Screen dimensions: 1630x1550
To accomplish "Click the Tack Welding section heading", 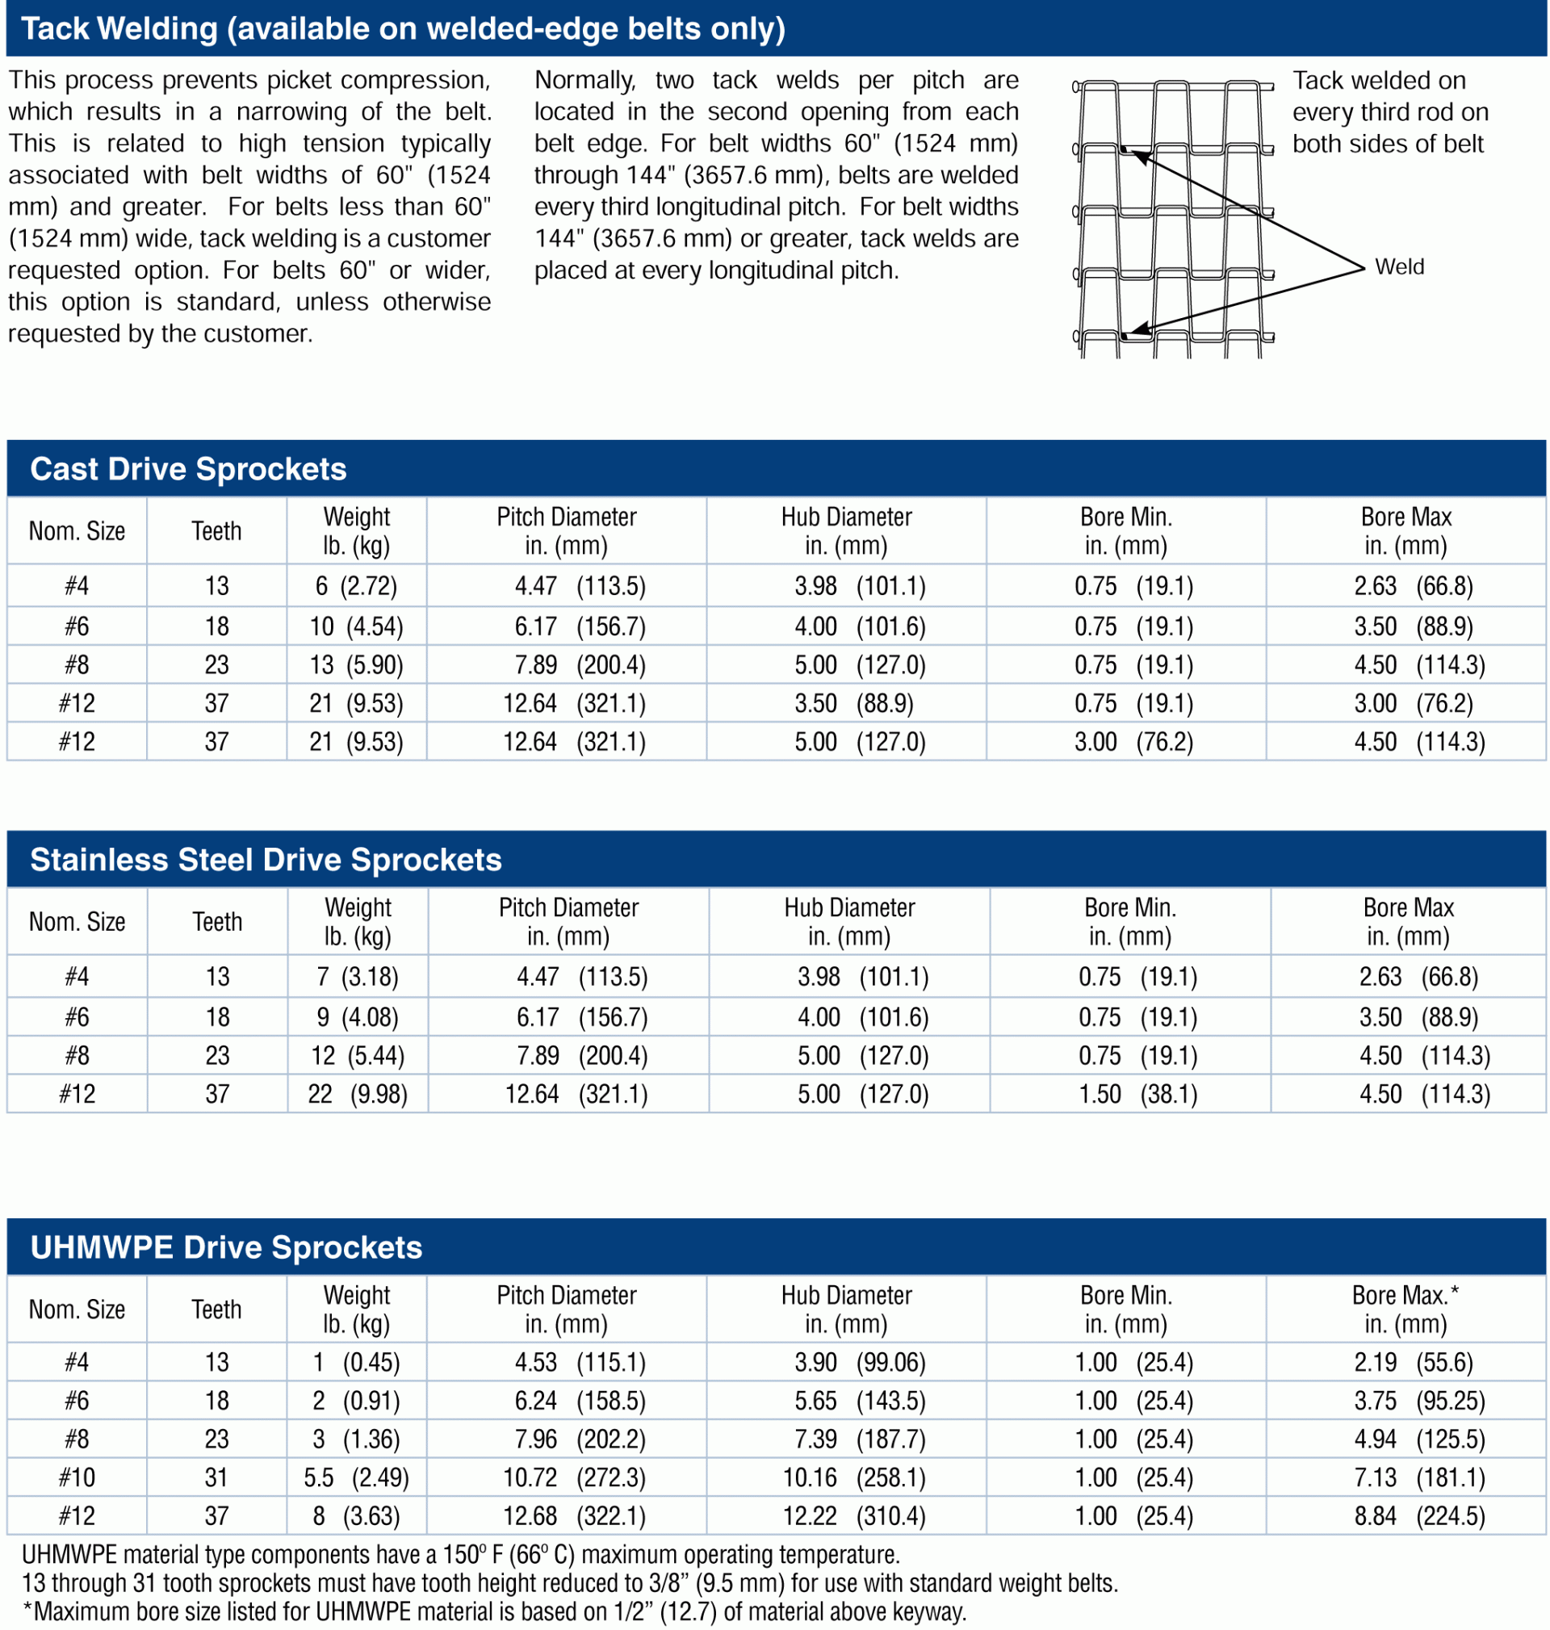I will click(403, 29).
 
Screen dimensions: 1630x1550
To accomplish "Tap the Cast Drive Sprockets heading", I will click(188, 469).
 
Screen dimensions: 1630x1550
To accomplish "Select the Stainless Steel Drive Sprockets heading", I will click(266, 860).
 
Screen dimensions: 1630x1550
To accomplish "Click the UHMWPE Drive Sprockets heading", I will click(226, 1247).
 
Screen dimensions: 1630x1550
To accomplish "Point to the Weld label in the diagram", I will click(1400, 267).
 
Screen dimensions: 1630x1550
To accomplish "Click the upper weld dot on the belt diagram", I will click(1125, 149).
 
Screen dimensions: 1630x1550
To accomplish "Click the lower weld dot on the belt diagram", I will click(1125, 336).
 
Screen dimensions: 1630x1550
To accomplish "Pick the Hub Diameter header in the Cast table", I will click(847, 530).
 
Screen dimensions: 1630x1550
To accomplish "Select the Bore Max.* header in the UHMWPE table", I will click(1405, 1309).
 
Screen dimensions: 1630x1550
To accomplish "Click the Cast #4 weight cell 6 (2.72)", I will click(356, 586).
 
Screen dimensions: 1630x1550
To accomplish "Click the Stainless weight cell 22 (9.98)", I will click(358, 1094).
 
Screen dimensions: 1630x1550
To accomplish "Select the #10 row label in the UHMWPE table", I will click(77, 1477).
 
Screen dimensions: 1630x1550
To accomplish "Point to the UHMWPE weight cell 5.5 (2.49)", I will click(356, 1477).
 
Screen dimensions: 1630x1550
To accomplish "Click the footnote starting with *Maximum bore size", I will click(494, 1611).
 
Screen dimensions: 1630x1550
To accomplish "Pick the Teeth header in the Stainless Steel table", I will click(217, 921).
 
